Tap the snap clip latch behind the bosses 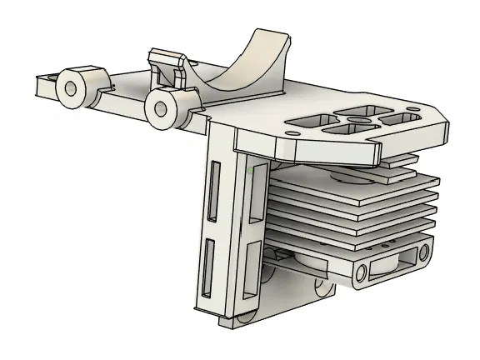click(167, 64)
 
